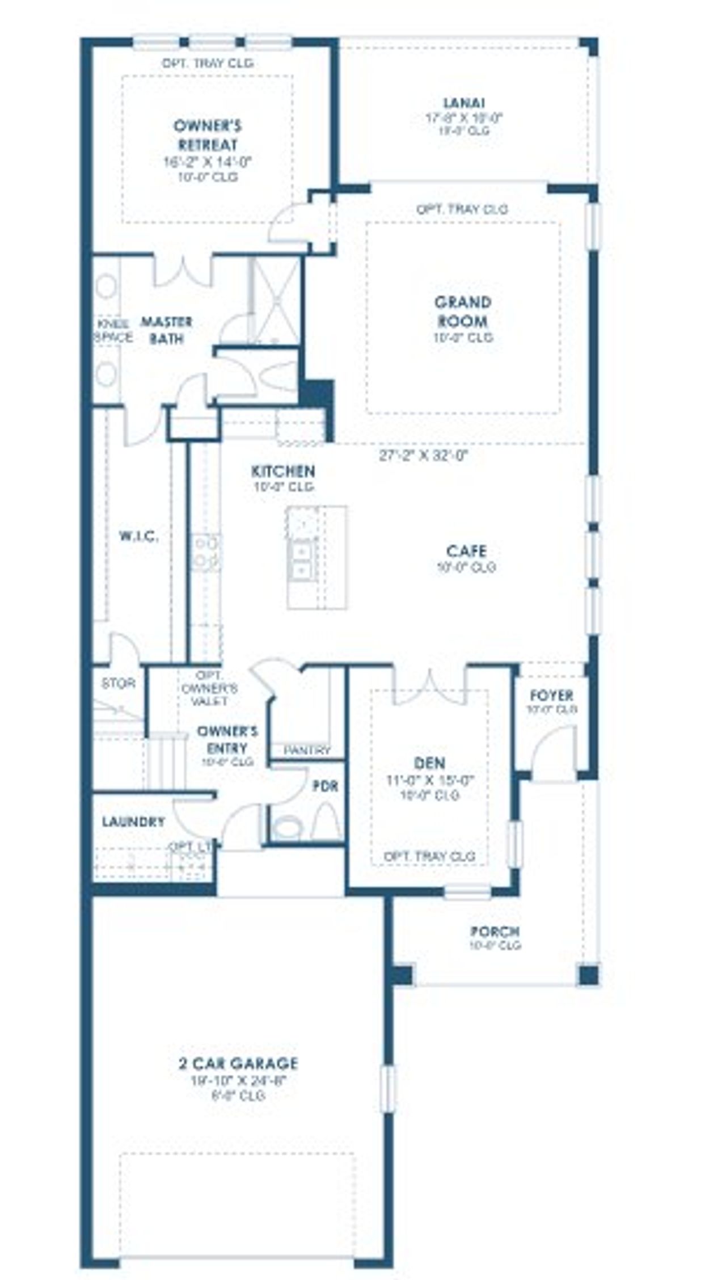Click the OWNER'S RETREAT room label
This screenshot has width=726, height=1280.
208,135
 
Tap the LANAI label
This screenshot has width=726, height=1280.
464,103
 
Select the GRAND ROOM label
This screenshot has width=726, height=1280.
463,311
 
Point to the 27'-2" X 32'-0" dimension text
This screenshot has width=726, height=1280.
424,456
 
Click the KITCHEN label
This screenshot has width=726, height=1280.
283,471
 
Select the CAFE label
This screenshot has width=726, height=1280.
466,551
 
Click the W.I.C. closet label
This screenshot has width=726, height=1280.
138,536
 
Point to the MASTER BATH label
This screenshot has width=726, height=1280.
166,330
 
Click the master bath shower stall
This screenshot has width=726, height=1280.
276,301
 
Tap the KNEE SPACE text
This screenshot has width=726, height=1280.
114,331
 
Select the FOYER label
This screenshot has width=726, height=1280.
551,695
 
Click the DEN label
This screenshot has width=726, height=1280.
429,763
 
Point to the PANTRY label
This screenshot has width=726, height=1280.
307,750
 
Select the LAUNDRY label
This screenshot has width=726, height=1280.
134,821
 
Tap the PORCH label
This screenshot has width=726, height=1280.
495,932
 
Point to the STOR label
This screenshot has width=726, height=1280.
118,684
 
